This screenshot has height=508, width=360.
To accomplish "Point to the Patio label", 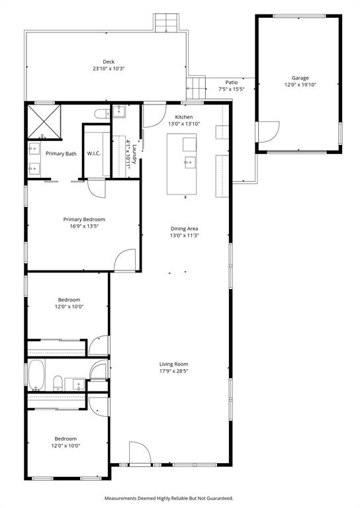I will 231,82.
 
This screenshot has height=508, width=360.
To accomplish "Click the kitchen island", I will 181,164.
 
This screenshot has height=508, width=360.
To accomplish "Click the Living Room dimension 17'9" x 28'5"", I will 174,371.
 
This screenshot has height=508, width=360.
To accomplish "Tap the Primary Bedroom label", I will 84,219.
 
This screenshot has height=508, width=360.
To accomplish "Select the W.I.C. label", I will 94,153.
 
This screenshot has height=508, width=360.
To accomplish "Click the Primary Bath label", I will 61,153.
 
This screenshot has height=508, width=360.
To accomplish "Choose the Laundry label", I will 134,154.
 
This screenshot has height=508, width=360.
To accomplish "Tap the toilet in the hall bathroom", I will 58,382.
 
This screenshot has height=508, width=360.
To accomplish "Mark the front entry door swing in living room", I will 140,453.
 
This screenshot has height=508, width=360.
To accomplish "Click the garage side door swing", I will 267,132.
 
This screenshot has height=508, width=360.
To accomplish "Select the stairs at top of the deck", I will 166,23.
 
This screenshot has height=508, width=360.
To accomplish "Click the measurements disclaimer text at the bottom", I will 169,498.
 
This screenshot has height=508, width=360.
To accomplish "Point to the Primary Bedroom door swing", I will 126,260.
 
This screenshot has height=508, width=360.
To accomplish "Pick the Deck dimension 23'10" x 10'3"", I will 109,68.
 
